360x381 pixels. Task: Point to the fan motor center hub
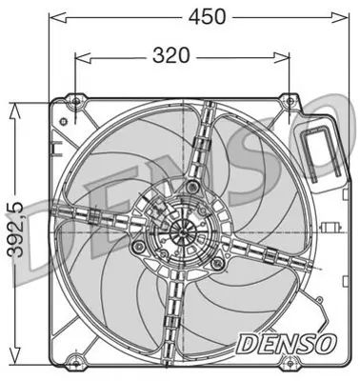[x=180, y=231]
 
